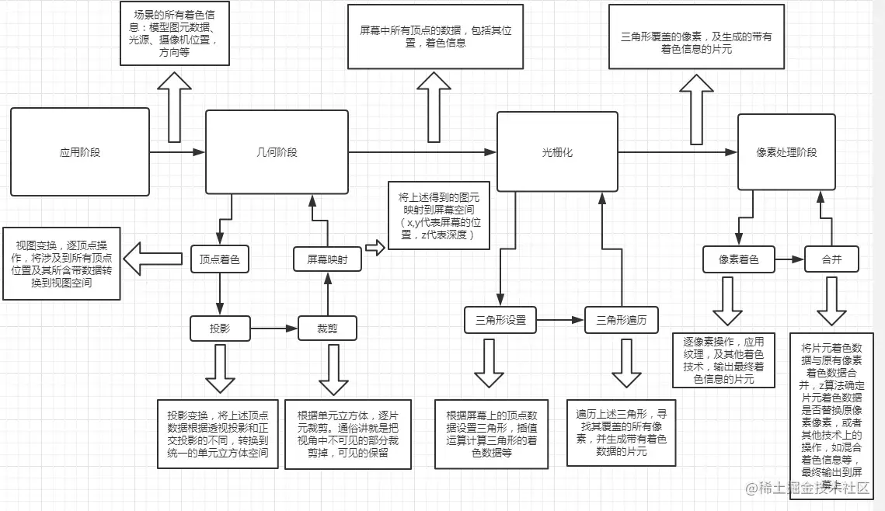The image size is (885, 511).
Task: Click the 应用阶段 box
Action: click(80, 151)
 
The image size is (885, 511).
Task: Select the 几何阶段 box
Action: click(277, 151)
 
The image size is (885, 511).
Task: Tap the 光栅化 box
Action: click(557, 151)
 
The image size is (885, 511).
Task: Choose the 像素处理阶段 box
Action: click(786, 152)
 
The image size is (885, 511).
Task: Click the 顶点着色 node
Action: click(220, 259)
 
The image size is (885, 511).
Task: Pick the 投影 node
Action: click(220, 328)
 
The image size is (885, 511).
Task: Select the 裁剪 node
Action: click(327, 328)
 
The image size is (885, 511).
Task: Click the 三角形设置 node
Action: click(500, 319)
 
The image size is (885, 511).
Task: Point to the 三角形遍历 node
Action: click(622, 319)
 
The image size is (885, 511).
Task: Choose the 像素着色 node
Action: click(740, 259)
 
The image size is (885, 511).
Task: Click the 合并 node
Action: click(832, 259)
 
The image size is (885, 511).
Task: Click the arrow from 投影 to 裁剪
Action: click(274, 328)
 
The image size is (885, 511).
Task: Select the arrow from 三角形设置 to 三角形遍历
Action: click(560, 319)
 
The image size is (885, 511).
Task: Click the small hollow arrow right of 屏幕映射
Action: click(375, 249)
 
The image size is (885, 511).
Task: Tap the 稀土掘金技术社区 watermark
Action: click(808, 488)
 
